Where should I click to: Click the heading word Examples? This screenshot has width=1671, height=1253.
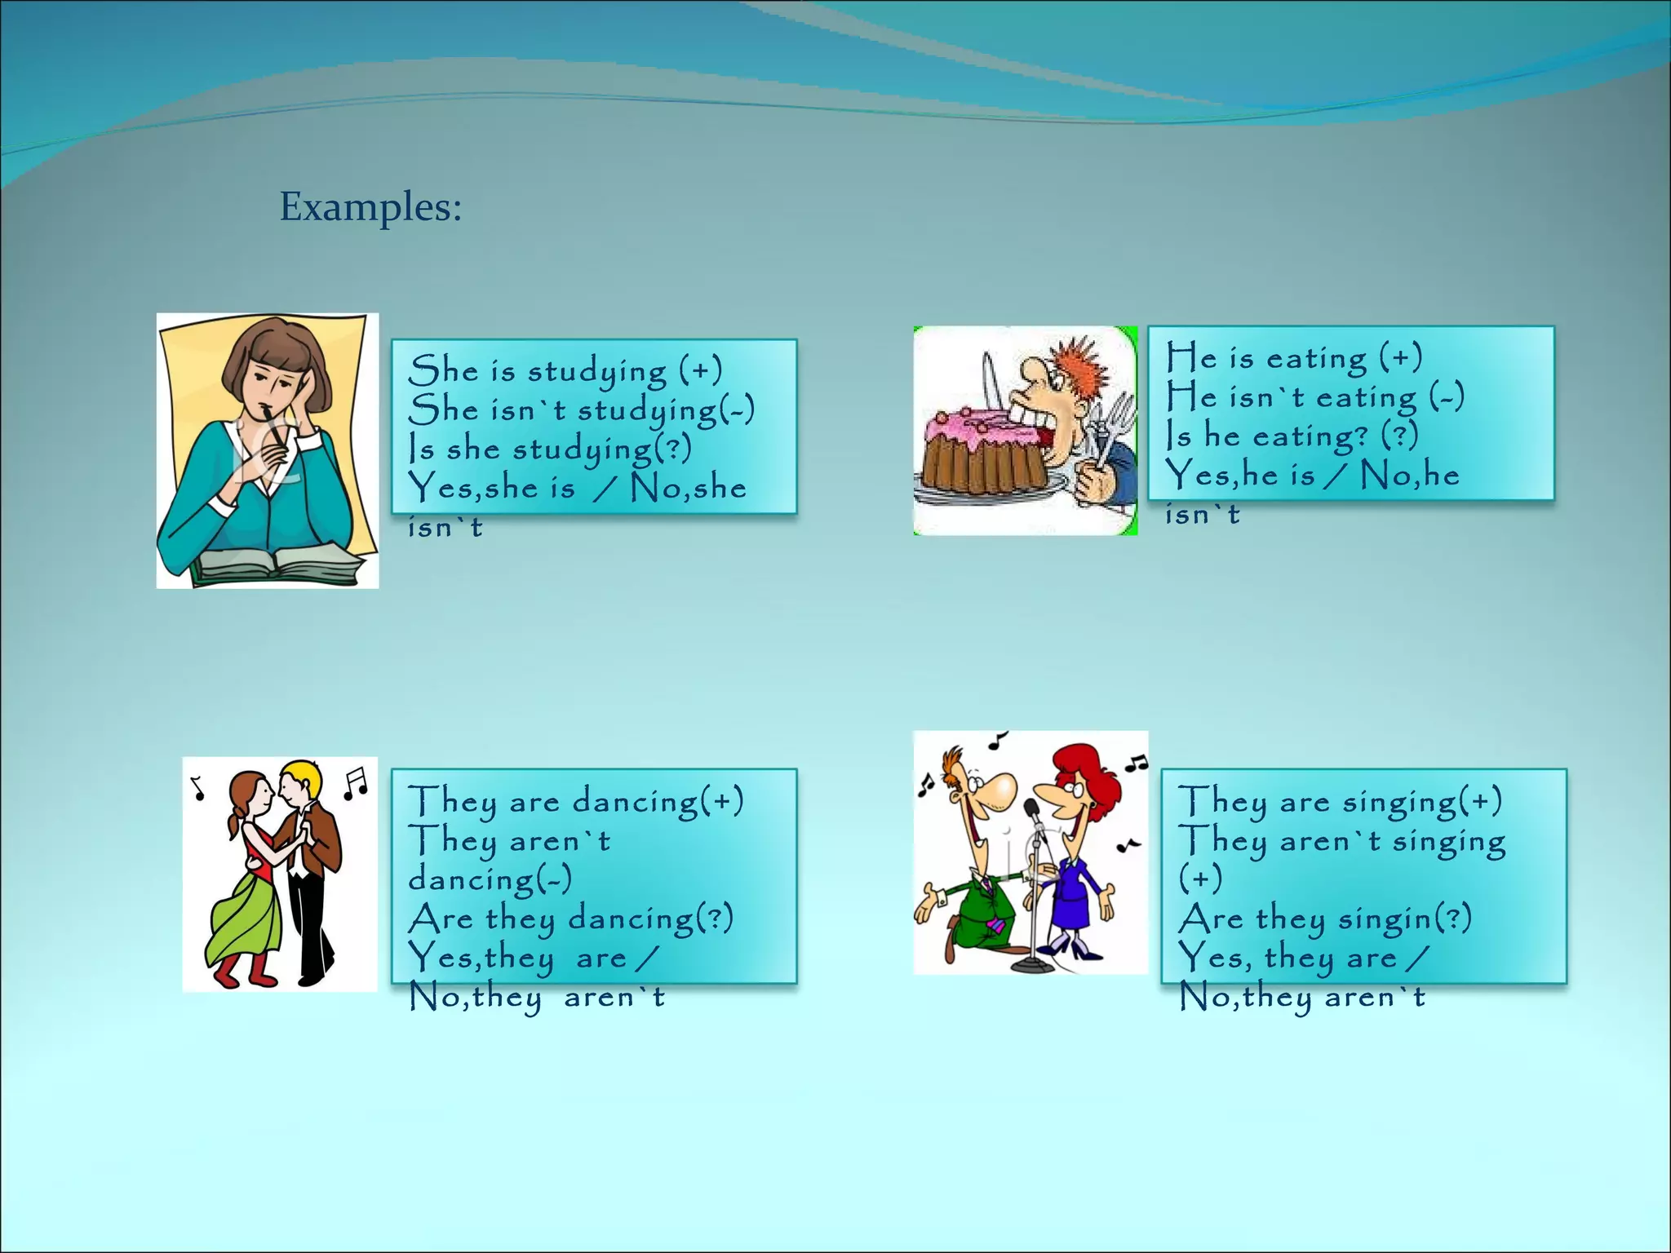pos(370,206)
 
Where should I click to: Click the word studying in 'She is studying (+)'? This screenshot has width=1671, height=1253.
pos(596,371)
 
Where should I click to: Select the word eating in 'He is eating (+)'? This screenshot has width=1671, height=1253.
pos(1316,359)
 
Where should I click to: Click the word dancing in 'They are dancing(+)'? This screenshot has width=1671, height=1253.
pos(635,802)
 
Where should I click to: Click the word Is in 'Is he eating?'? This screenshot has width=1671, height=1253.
pos(1178,436)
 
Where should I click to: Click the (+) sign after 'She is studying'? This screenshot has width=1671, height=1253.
pos(701,371)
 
